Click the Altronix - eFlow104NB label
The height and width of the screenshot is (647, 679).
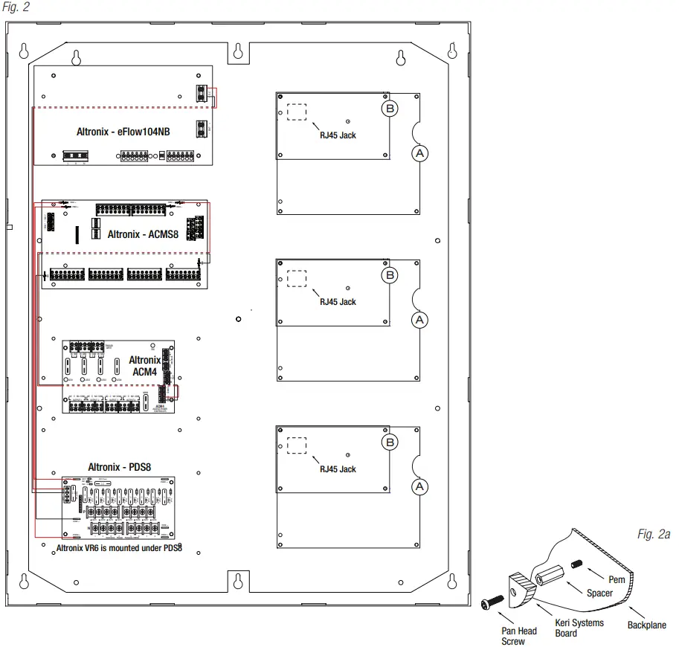(x=123, y=132)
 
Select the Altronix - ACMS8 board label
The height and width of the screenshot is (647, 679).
(x=144, y=234)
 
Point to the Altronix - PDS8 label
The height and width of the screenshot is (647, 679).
(x=119, y=467)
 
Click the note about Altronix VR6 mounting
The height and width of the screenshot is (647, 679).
(x=120, y=548)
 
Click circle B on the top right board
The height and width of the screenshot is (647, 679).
(x=390, y=109)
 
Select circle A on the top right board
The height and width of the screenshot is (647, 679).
(x=419, y=152)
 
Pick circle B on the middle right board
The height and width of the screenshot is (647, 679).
(x=390, y=276)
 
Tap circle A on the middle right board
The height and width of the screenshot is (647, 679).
(x=419, y=320)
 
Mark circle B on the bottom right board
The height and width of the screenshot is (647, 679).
(x=390, y=443)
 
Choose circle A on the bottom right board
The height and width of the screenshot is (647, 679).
(x=419, y=487)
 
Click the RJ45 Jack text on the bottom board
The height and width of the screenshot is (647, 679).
(x=338, y=469)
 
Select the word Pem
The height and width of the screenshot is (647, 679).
(x=617, y=579)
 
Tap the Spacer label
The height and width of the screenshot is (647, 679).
(x=600, y=593)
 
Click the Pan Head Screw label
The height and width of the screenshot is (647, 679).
(x=518, y=636)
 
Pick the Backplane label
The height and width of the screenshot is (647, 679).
(x=647, y=625)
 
